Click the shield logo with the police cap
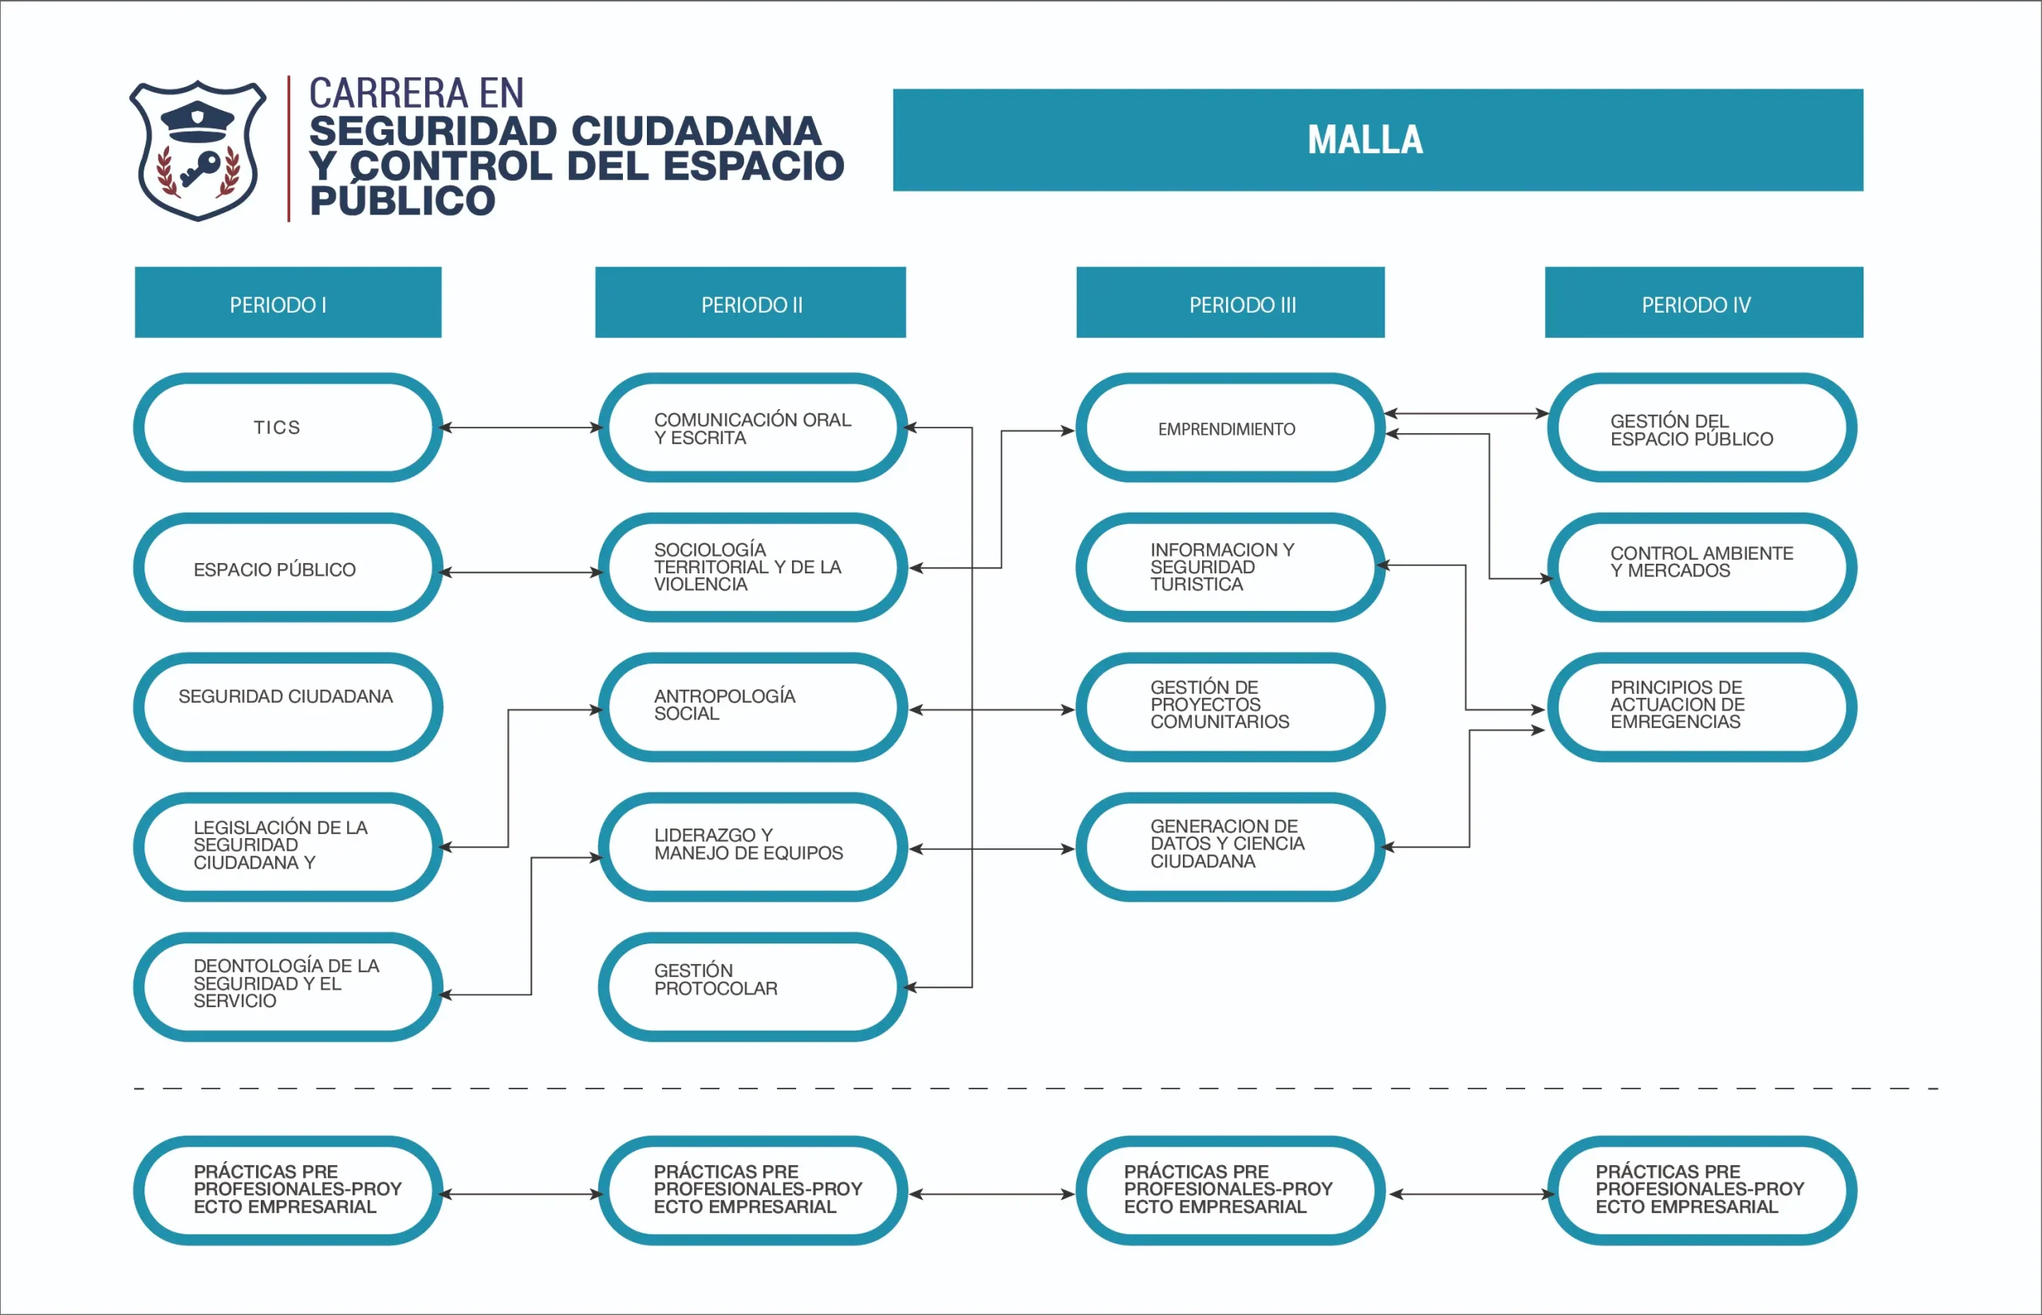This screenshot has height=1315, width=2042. point(197,150)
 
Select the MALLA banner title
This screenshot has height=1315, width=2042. point(1365,140)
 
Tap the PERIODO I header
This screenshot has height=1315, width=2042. point(288,303)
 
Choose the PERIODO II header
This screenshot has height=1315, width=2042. point(750,303)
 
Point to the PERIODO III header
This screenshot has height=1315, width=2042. point(1230,303)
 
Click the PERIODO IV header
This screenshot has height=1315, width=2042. point(1703,303)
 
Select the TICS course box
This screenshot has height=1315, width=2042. point(288,427)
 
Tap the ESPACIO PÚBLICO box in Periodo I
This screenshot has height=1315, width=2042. point(288,568)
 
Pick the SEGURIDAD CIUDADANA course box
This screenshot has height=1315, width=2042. point(288,707)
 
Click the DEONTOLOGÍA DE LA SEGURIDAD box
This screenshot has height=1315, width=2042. point(288,986)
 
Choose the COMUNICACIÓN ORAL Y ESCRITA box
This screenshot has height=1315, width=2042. point(751,427)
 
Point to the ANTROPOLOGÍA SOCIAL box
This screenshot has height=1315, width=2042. point(751,707)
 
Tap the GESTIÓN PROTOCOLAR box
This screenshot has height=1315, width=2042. point(751,986)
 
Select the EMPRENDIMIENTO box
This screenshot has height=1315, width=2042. point(1230,427)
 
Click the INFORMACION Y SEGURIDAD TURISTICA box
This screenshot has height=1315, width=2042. point(1230,568)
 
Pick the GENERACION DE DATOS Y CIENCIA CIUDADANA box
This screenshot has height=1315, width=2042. point(1230,846)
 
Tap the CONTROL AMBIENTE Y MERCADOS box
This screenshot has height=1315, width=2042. point(1701,568)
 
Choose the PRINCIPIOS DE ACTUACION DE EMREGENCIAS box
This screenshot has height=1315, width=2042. point(1701,707)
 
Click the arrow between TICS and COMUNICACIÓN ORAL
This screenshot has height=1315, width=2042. point(521,427)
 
